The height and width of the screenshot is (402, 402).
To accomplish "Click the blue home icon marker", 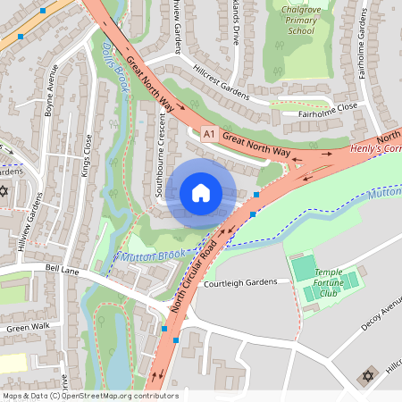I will (x=201, y=192).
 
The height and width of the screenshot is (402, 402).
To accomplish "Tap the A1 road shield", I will (x=209, y=135).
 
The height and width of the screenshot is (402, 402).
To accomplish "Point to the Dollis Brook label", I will (x=117, y=68).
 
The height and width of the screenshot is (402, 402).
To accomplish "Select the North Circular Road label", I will (x=194, y=276).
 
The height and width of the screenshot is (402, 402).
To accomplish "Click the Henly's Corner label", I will (x=374, y=147).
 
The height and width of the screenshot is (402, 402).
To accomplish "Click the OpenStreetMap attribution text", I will (x=89, y=395).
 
